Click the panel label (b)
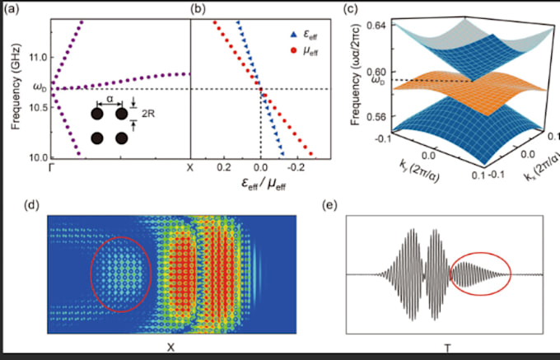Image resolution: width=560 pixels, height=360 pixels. (x=198, y=10)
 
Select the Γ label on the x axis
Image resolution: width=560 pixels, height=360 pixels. (x=51, y=166)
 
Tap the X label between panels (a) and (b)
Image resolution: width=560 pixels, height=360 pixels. (x=189, y=166)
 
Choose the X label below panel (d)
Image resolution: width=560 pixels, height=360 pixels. (x=170, y=349)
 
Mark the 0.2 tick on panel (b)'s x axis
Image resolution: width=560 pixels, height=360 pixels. (x=222, y=166)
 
